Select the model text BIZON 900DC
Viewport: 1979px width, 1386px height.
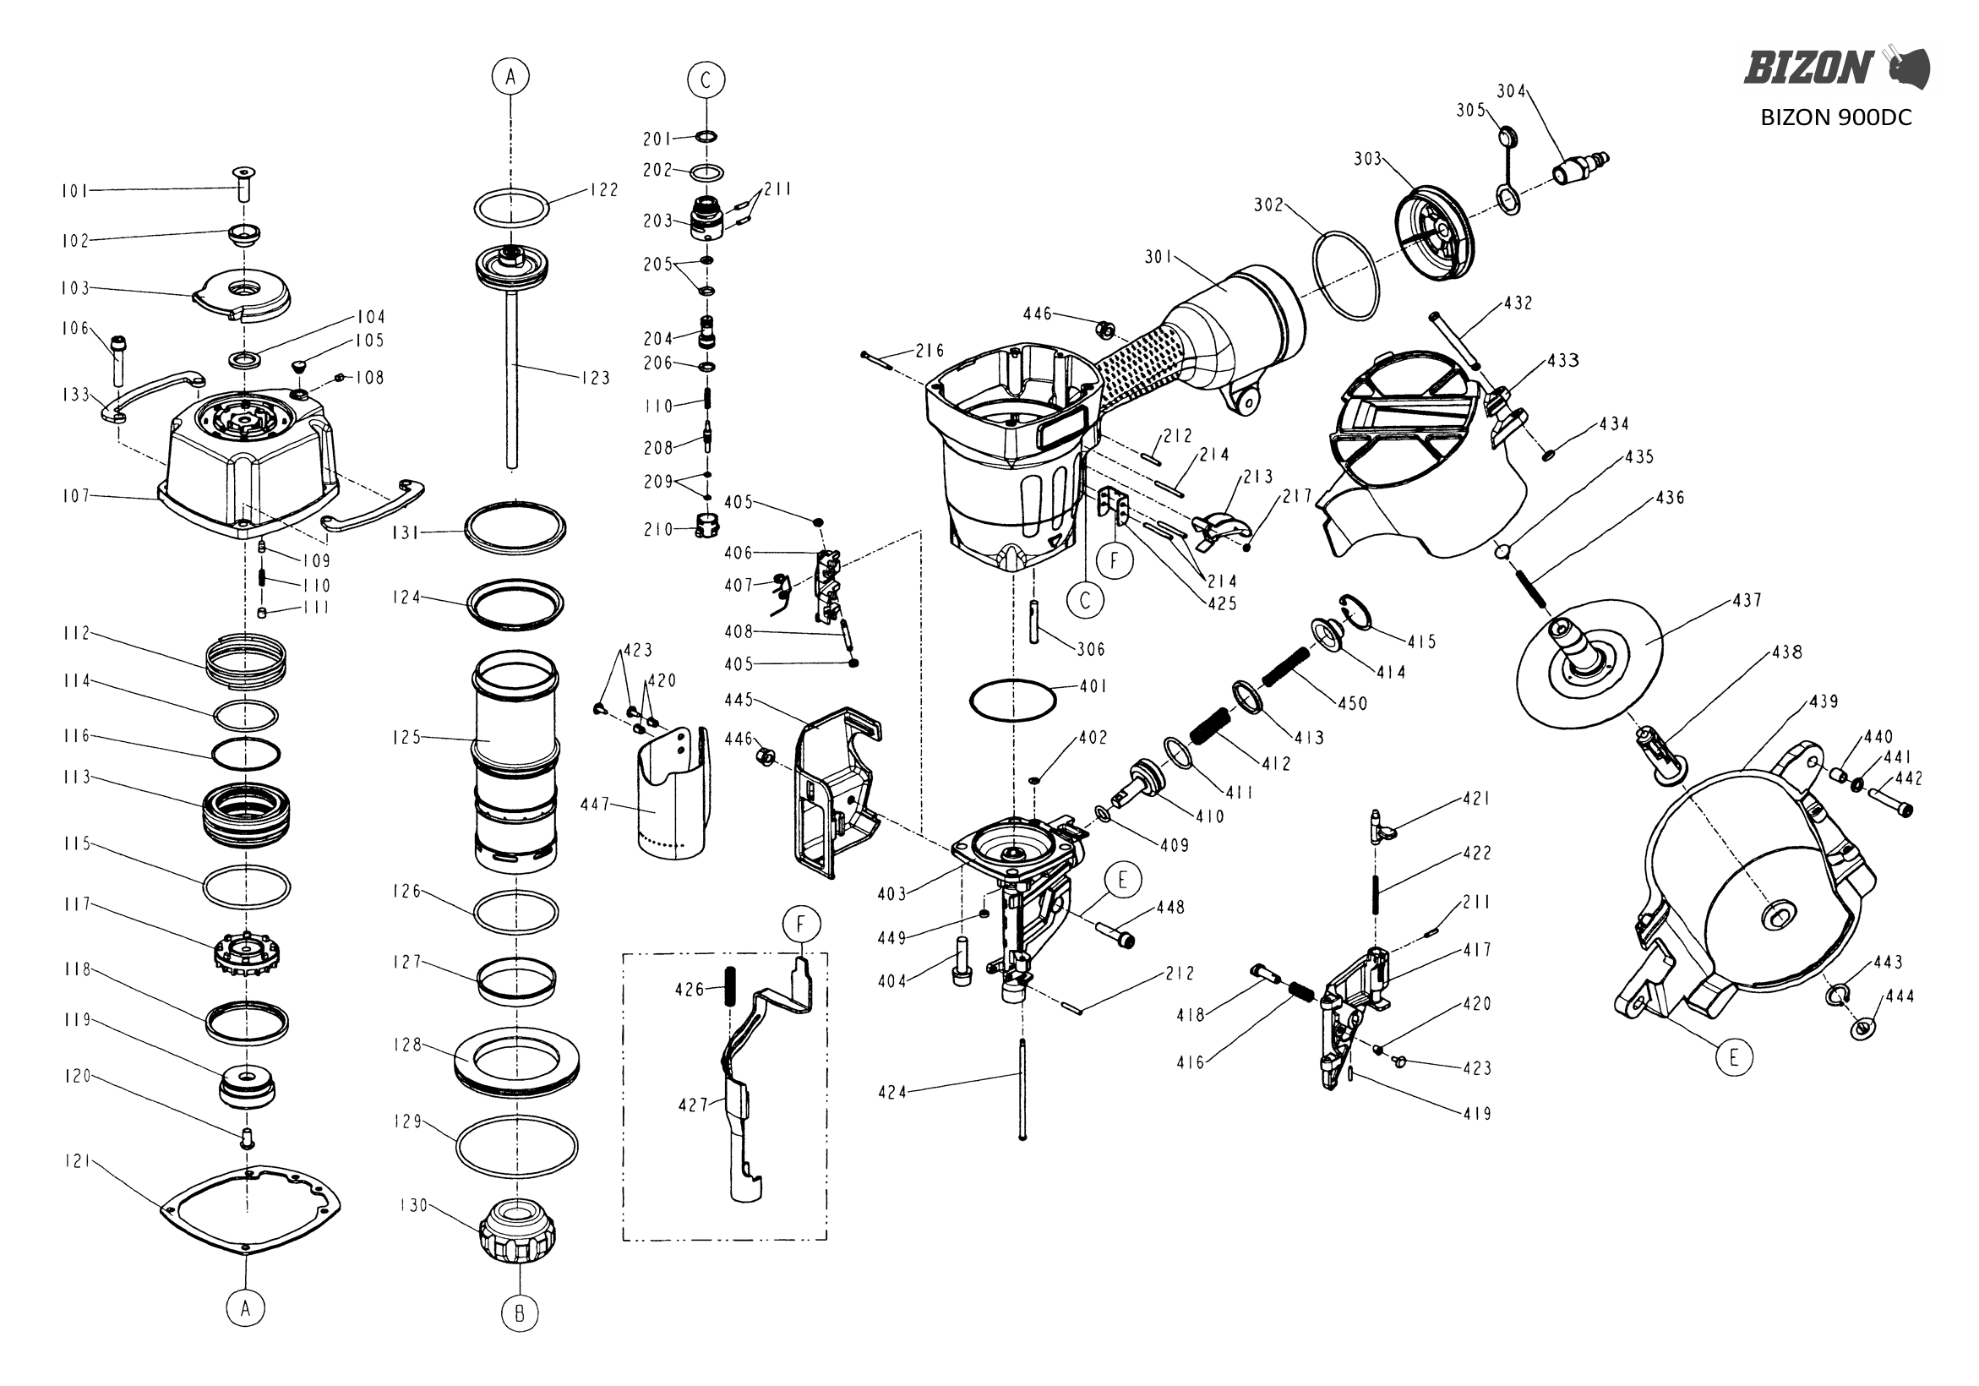[x=1836, y=118]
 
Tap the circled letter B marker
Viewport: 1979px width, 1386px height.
[x=519, y=1312]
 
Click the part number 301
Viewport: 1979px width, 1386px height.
[x=1159, y=257]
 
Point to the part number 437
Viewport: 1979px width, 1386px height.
[x=1747, y=600]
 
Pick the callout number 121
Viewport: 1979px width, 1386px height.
[x=77, y=1161]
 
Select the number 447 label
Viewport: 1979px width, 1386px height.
[x=595, y=805]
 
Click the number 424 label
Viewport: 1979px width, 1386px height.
[x=893, y=1092]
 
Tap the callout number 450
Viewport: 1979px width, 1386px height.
[x=1352, y=703]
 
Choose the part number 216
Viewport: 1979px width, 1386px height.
[x=930, y=351]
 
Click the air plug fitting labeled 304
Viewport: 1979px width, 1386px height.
[x=1580, y=167]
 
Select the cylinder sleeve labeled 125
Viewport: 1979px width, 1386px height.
[x=515, y=760]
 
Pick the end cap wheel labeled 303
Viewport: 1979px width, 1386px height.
[x=1434, y=232]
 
